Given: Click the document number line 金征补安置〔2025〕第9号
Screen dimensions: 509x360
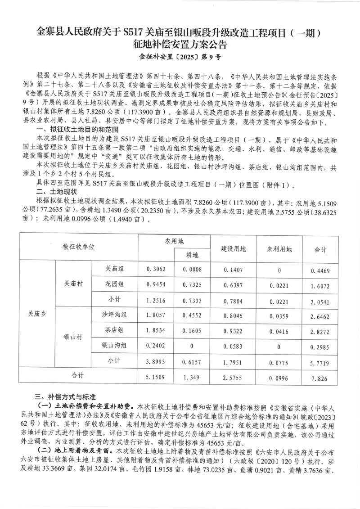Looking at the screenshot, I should pyautogui.click(x=180, y=57).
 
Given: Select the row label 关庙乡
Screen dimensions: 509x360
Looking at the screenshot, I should pyautogui.click(x=37, y=315).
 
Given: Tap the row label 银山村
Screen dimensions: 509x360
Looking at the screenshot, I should pyautogui.click(x=73, y=337).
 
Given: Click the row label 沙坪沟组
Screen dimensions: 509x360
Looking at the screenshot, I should pyautogui.click(x=114, y=315).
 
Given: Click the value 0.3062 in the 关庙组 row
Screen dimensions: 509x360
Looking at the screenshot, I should pyautogui.click(x=156, y=269).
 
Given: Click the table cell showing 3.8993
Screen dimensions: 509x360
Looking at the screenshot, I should pyautogui.click(x=156, y=361).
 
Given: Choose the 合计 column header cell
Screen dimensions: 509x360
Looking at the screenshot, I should pyautogui.click(x=320, y=248).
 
